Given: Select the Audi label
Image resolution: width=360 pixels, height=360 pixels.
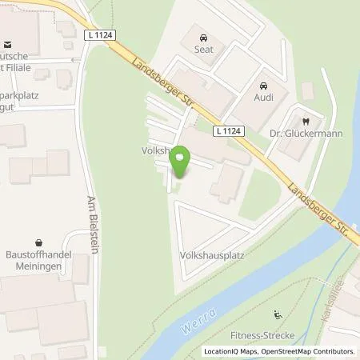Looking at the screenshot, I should (x=262, y=98).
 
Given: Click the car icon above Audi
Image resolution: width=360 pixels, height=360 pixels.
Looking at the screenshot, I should (x=262, y=86).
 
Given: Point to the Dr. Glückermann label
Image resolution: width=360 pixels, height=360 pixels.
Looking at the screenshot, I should (x=306, y=134).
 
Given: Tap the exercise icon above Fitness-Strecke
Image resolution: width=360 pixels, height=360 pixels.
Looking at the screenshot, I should (x=278, y=314).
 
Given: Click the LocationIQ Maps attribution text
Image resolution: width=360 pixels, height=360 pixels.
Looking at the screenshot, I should (x=229, y=351).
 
